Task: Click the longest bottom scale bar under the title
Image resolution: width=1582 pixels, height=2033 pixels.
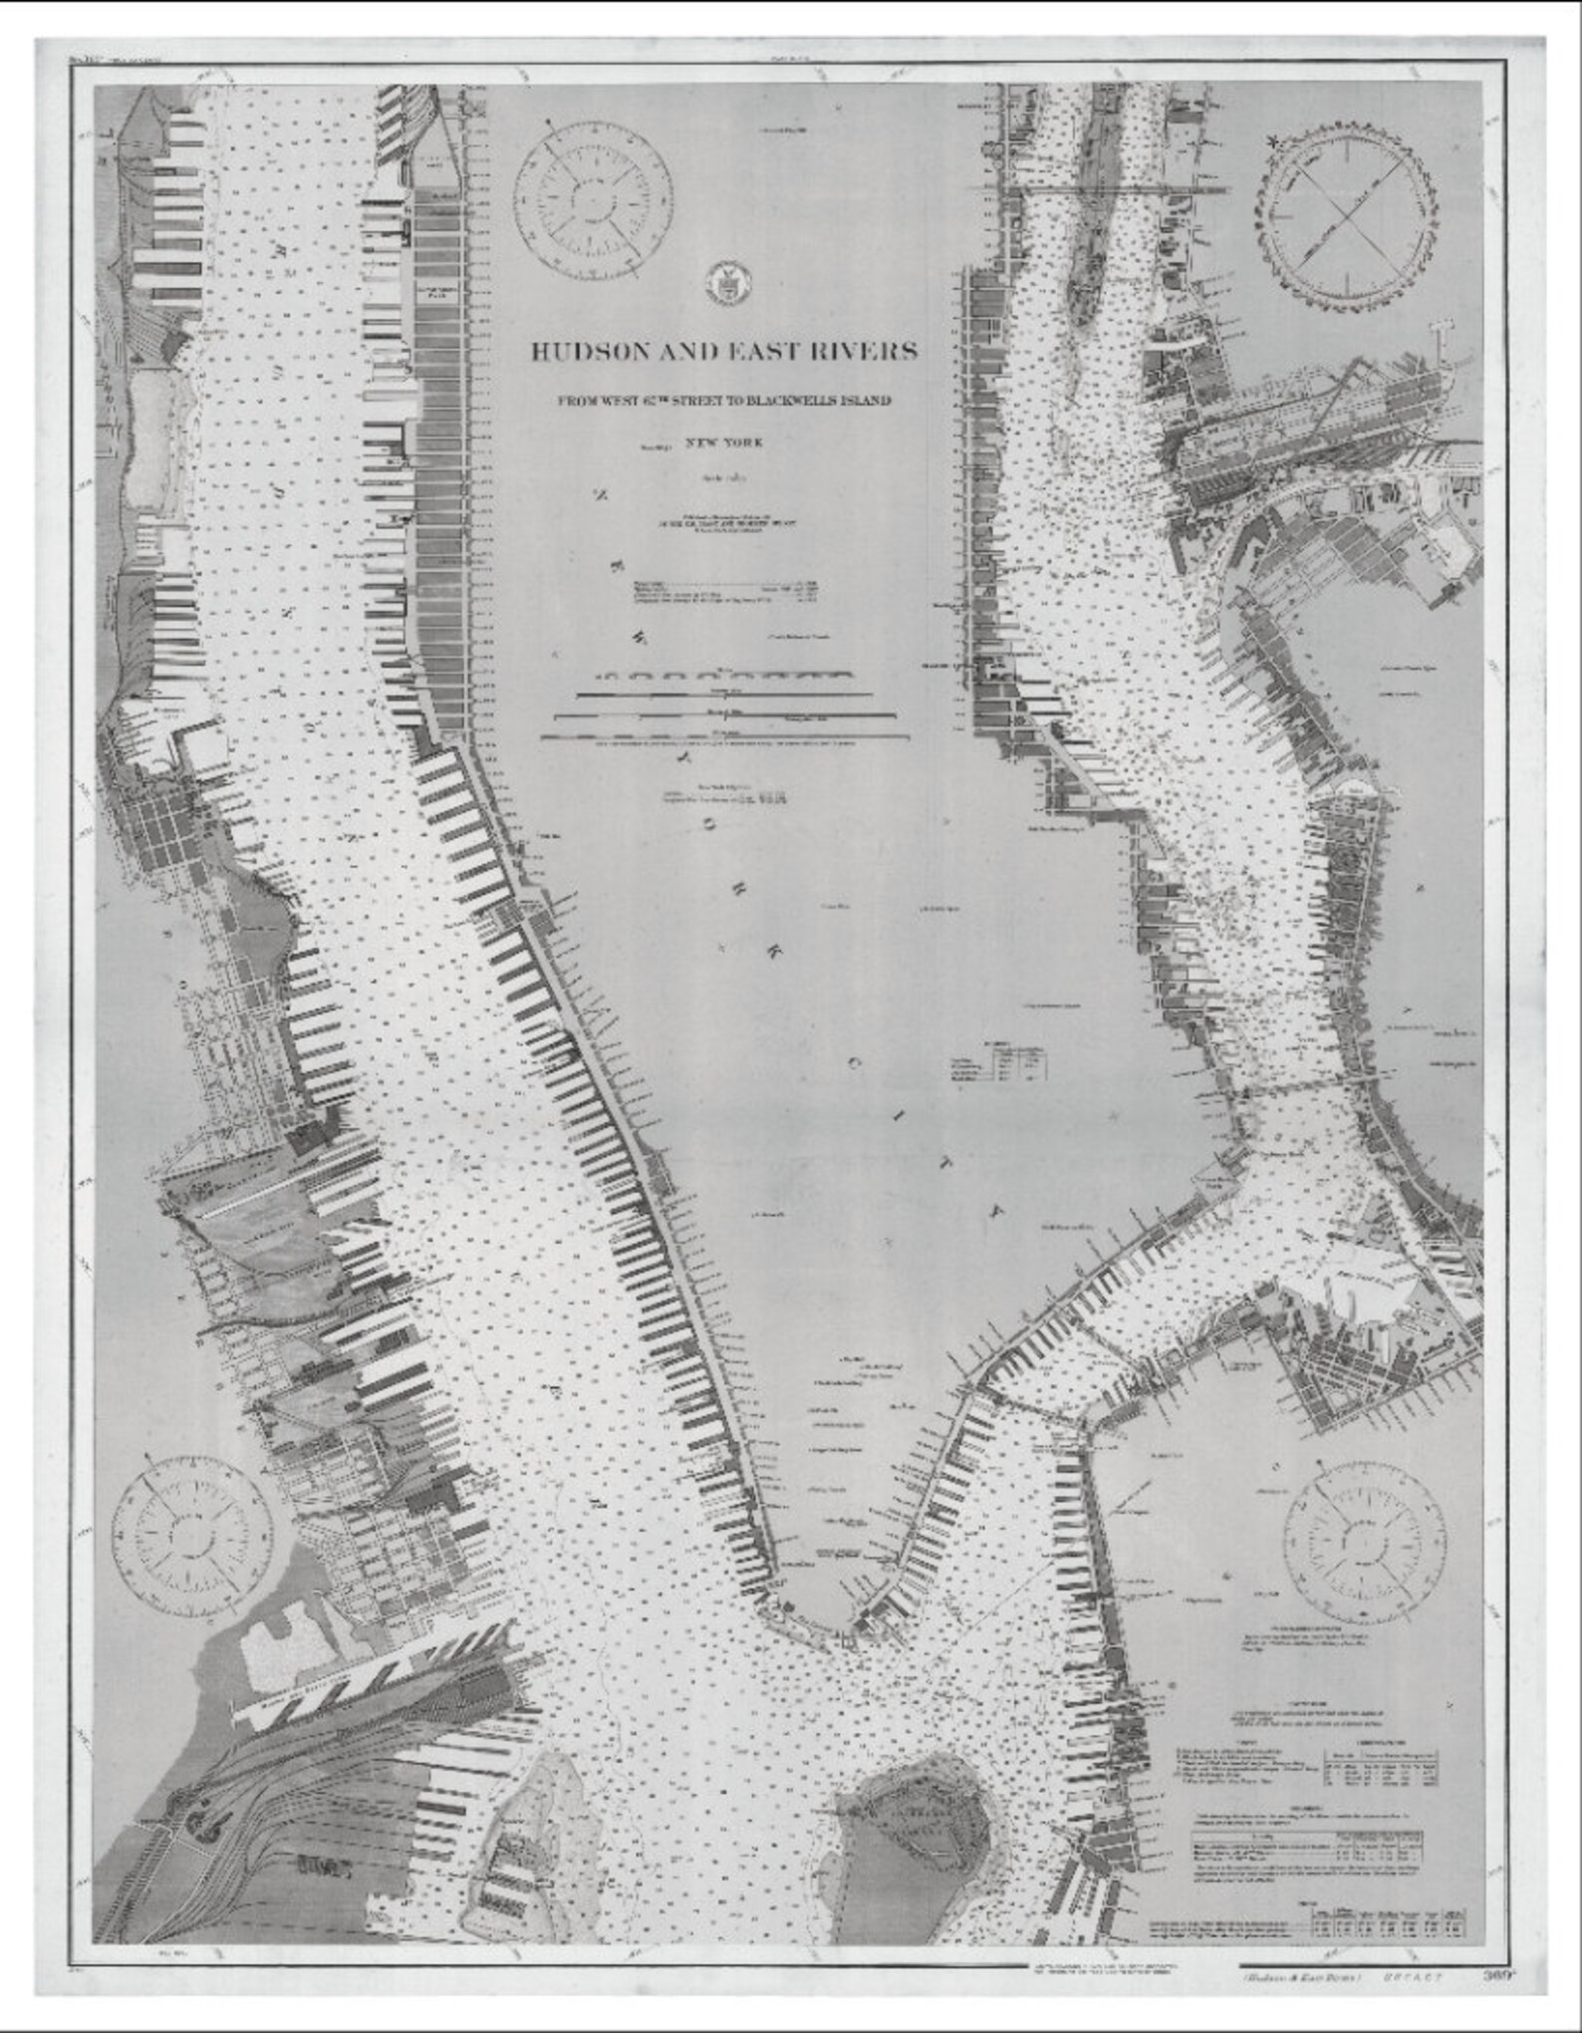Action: click(724, 738)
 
